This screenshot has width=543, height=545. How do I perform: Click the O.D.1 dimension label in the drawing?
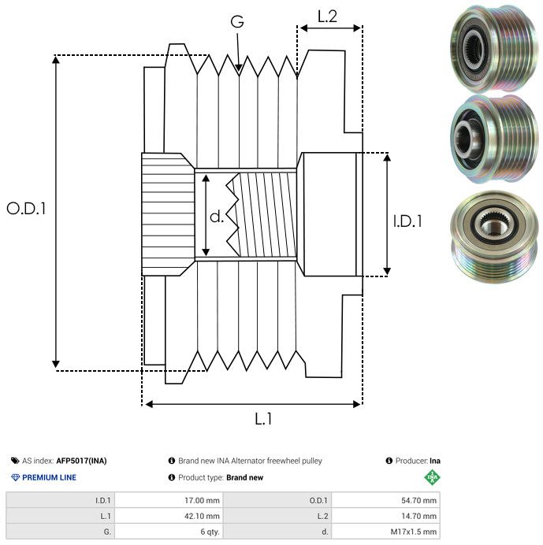coord(27,209)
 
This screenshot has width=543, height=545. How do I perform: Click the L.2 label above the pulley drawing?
coord(327,16)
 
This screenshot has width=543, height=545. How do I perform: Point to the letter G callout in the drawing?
coord(237,23)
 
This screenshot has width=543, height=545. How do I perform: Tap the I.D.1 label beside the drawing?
coord(407,221)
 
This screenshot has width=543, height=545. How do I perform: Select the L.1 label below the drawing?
coord(263,419)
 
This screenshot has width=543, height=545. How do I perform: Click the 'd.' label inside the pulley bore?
coord(217,216)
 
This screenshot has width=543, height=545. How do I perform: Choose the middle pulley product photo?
coord(491,139)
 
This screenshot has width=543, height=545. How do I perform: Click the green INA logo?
coord(433,476)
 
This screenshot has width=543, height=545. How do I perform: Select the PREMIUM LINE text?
coord(50,477)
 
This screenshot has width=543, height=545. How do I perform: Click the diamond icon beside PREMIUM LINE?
coord(15,477)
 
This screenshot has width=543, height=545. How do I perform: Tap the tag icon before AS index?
coord(15,461)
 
